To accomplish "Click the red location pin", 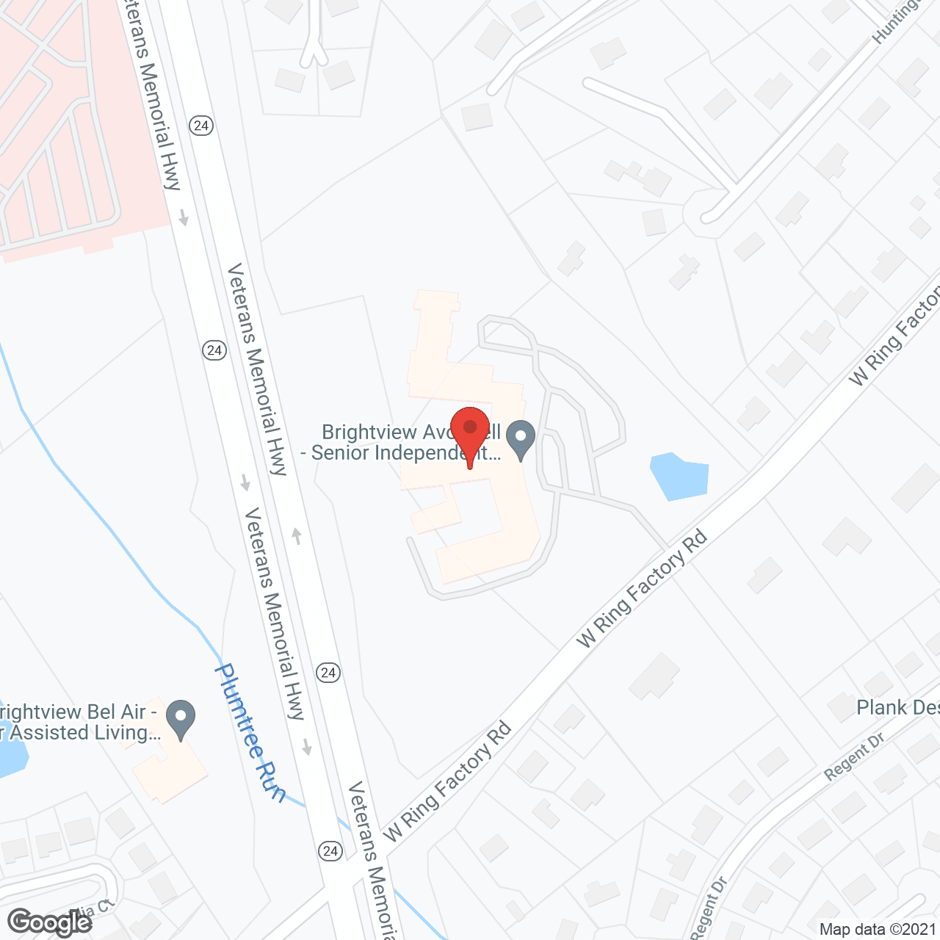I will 470,430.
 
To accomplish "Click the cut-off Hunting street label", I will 896,21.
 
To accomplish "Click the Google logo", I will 49,922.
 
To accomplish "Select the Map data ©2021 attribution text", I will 878,929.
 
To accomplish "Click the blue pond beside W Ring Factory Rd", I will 680,476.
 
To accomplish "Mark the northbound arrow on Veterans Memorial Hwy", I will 297,535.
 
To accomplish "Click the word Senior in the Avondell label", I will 341,452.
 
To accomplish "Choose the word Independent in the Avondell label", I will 437,452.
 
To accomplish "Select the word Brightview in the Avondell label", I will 359,433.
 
